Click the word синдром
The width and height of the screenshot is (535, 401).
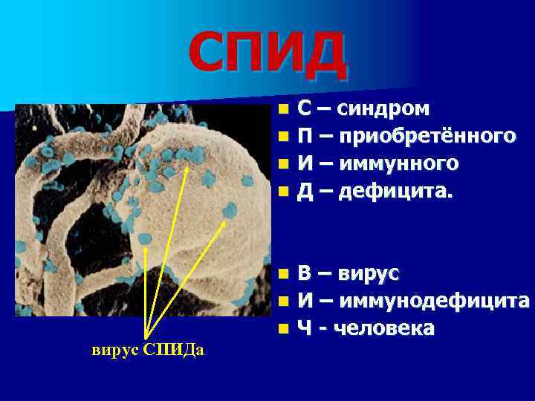pos(382,110)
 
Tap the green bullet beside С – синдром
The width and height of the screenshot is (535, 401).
pos(283,110)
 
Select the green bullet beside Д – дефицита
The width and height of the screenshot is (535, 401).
pos(283,192)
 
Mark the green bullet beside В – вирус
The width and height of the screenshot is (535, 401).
pos(283,274)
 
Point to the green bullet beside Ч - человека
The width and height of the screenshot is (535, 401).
pos(283,327)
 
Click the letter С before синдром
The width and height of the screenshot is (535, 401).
pos(305,110)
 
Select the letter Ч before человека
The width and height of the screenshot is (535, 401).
pos(305,327)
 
